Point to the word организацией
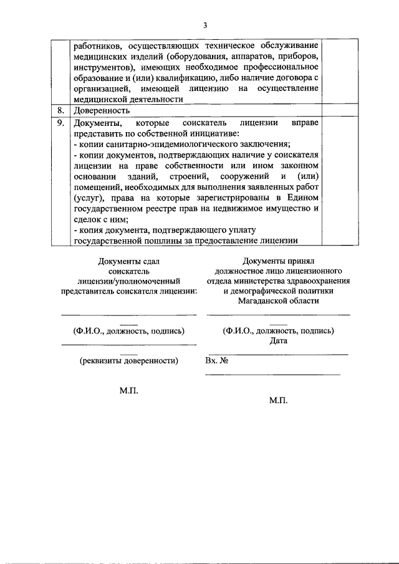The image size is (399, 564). point(100,88)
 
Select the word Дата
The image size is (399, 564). point(279,341)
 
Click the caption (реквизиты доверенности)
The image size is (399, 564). point(129,360)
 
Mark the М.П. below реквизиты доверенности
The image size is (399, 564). point(129,391)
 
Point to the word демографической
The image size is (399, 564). point(263,290)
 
